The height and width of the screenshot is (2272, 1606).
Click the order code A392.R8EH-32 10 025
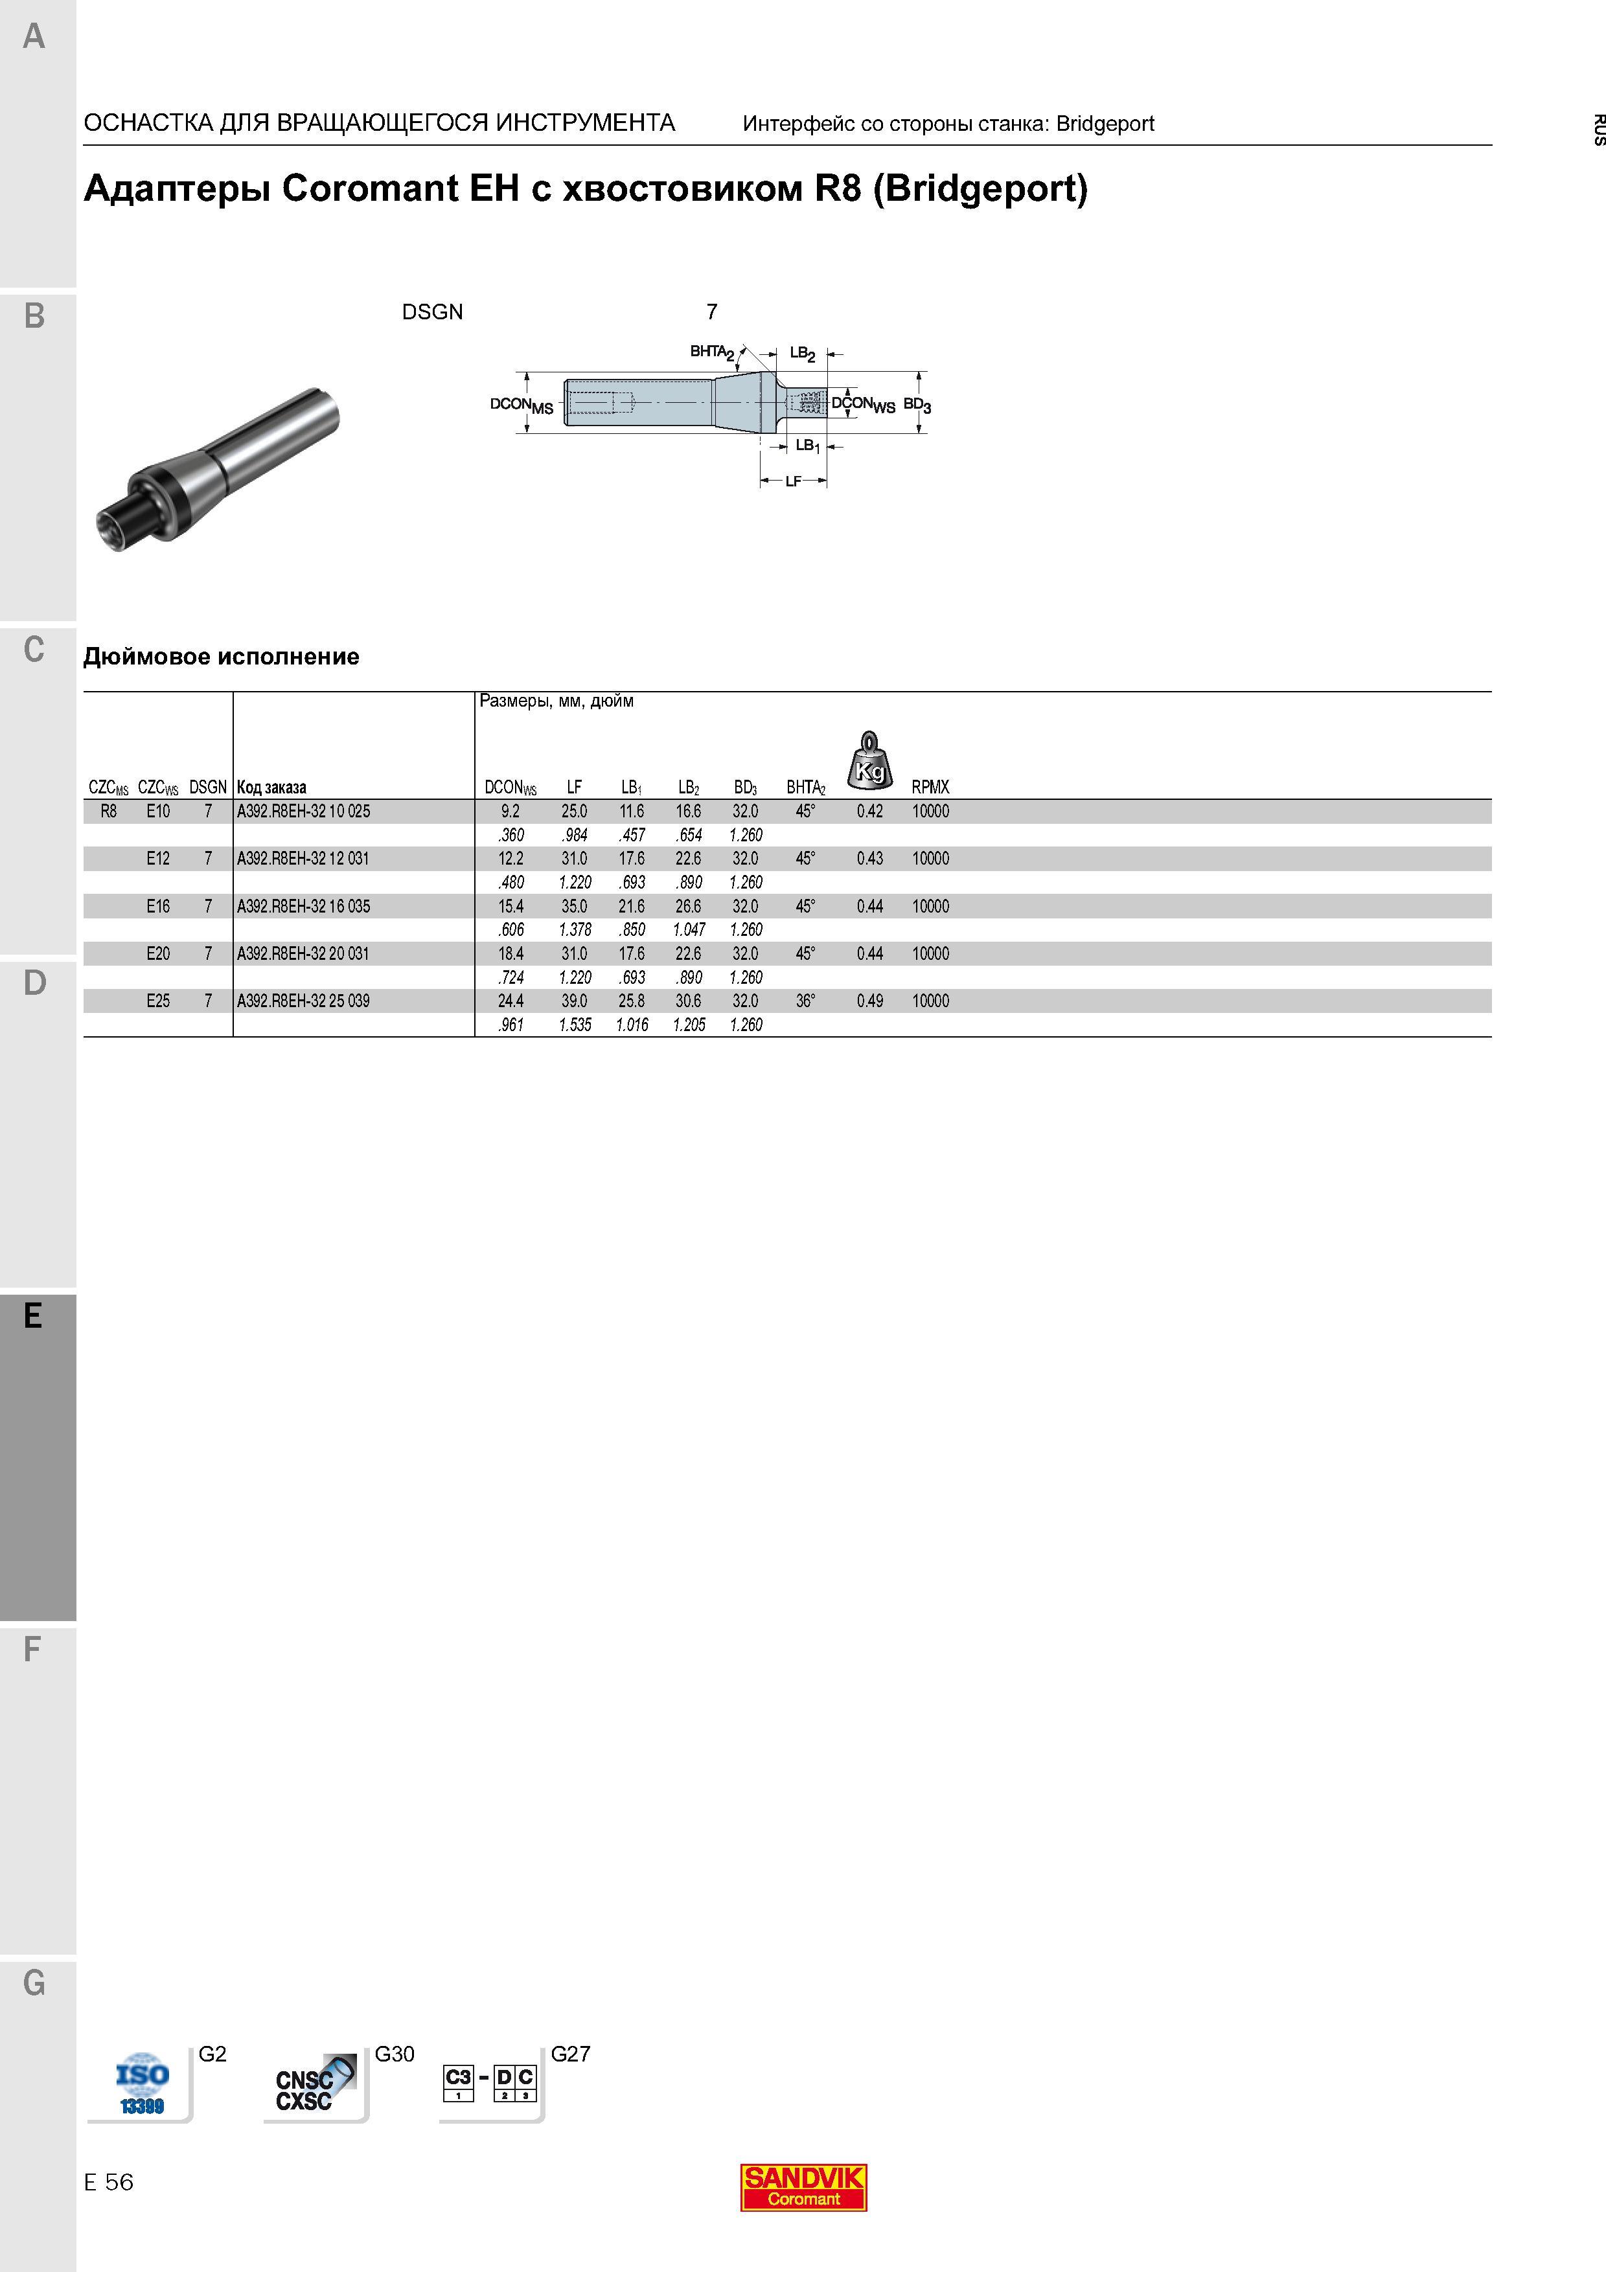[303, 812]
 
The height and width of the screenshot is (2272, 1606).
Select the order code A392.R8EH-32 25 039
[303, 1001]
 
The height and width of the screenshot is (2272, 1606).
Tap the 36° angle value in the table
[805, 1001]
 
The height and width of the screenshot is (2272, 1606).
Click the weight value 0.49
[870, 1001]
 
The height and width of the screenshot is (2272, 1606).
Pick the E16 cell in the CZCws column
[158, 907]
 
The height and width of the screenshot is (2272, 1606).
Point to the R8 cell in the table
[109, 812]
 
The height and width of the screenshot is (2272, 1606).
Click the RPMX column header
[930, 788]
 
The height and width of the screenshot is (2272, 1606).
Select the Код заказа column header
[272, 788]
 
